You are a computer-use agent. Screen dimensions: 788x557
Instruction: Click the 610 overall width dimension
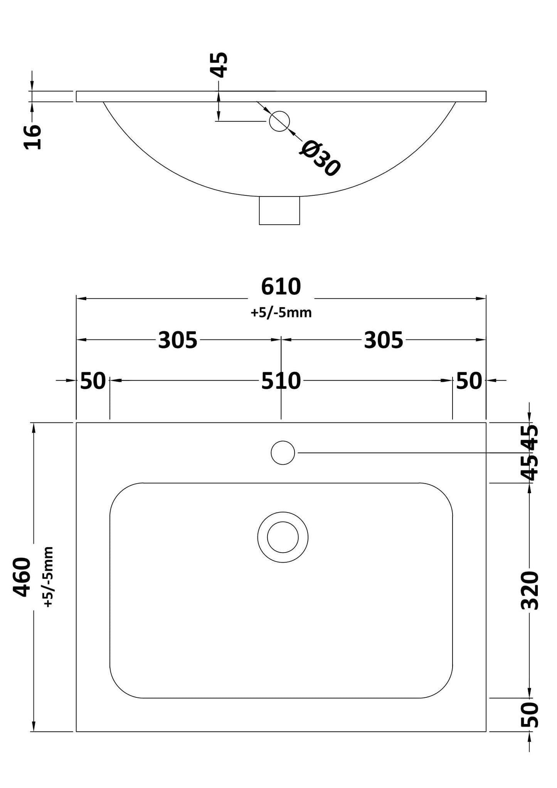click(281, 287)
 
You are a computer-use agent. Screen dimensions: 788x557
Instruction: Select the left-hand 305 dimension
click(178, 340)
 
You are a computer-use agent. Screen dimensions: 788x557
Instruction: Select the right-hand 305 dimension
click(383, 340)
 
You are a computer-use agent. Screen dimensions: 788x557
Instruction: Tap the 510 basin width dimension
click(281, 381)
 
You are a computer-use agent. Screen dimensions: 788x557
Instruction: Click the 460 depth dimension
click(22, 577)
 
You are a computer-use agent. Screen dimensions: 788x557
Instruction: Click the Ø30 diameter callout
click(320, 158)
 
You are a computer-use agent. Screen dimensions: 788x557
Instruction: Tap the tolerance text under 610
click(281, 313)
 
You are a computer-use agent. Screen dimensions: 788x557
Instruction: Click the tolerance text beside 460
click(48, 577)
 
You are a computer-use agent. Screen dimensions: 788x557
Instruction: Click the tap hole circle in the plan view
click(283, 453)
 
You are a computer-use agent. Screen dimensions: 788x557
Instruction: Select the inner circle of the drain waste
click(283, 537)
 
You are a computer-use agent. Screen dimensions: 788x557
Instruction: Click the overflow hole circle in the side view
click(279, 121)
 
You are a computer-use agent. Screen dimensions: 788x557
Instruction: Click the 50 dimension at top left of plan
click(93, 381)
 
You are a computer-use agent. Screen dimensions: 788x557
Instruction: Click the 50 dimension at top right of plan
click(469, 381)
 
